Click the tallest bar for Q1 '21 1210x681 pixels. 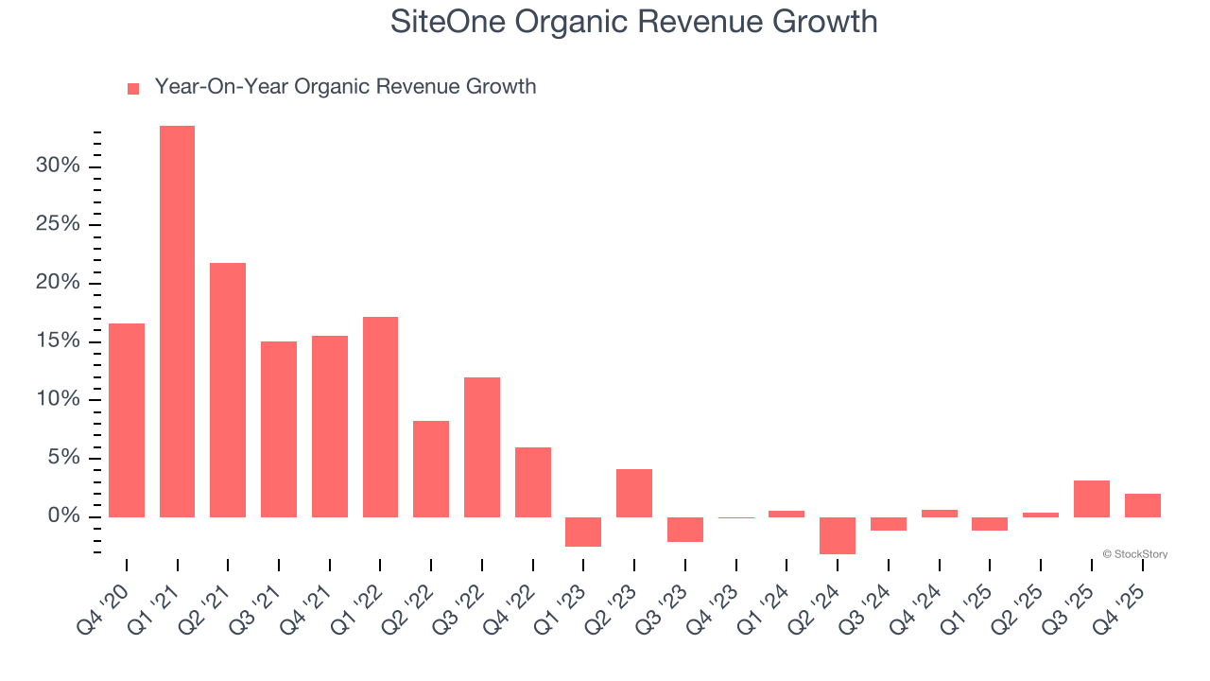(177, 322)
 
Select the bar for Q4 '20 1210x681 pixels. (127, 420)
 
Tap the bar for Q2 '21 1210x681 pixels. (228, 390)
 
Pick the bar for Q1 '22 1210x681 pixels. (380, 417)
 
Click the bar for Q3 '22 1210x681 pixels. (482, 447)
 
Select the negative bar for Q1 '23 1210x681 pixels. (583, 532)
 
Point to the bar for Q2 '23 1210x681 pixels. (634, 493)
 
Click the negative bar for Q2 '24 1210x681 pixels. (838, 535)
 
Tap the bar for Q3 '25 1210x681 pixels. (1092, 498)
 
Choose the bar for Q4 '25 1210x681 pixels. (1143, 505)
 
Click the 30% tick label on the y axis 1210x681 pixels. (59, 166)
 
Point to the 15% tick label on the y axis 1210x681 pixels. (59, 341)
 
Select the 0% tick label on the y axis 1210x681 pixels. (63, 516)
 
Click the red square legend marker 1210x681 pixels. (133, 88)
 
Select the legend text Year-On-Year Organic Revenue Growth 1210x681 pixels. (345, 87)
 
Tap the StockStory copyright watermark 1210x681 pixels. (1135, 554)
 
